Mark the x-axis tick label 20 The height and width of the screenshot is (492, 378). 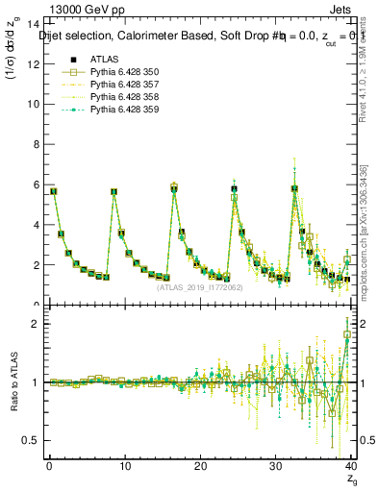pos(200,465)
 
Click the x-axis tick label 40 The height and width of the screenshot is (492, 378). pos(351,465)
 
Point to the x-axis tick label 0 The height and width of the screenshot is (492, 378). pos(49,465)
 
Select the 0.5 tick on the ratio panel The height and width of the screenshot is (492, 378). pos(31,440)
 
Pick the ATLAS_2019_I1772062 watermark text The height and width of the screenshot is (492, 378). pos(200,286)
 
